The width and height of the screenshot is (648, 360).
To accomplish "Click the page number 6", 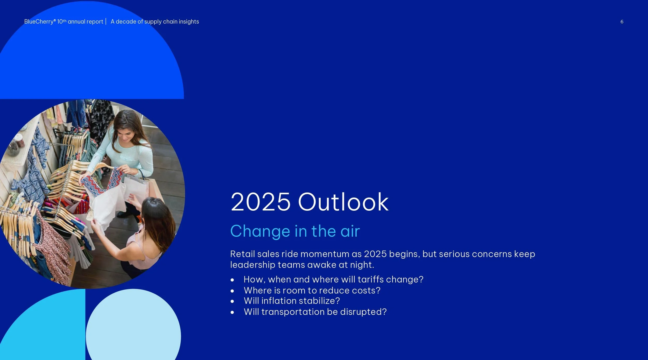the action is [x=622, y=22].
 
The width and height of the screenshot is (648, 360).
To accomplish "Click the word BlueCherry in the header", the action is [x=39, y=22].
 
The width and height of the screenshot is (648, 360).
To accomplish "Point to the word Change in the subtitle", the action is [x=260, y=231].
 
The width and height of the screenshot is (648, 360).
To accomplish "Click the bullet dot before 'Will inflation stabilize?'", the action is [x=232, y=301].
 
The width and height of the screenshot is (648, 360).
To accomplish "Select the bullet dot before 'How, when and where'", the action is [x=232, y=280].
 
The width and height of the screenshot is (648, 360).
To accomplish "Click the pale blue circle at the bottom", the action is [x=133, y=327].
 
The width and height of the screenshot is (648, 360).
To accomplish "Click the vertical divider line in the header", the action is [x=106, y=22].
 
